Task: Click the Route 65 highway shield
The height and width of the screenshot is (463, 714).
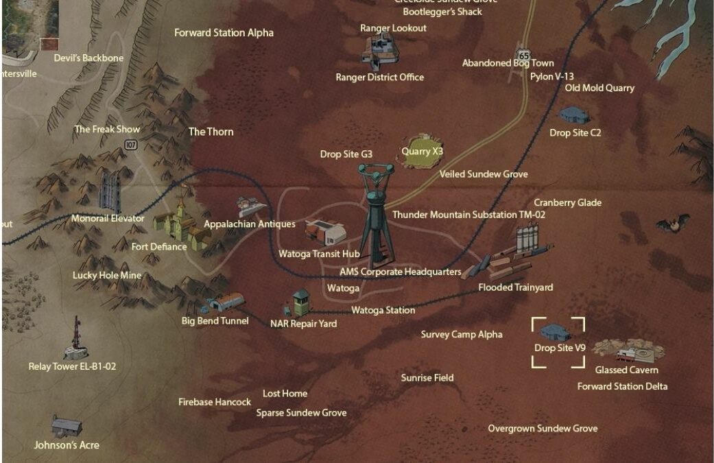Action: (524, 54)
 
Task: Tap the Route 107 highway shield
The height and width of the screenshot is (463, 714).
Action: (131, 145)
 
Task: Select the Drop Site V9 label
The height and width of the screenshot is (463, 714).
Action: (560, 348)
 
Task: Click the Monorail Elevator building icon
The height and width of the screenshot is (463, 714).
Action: (109, 191)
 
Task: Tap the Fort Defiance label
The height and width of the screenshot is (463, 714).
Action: (159, 246)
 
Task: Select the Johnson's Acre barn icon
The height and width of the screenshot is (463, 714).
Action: (66, 426)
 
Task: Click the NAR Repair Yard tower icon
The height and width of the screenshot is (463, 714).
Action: (300, 302)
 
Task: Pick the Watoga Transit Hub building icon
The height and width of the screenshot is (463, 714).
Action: (325, 231)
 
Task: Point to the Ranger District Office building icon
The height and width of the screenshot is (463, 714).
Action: (380, 50)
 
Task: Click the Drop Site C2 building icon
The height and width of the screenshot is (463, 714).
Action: (573, 115)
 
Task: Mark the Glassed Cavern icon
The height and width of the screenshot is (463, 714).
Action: (628, 350)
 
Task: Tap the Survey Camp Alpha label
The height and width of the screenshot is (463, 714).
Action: (462, 334)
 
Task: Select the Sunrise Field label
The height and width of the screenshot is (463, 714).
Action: (427, 378)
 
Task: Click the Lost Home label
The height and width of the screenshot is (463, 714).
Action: (285, 393)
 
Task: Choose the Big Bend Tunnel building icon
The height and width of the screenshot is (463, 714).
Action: (225, 302)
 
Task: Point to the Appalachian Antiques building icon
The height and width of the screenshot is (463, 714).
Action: (251, 206)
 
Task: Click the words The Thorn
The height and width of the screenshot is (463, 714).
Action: (211, 132)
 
